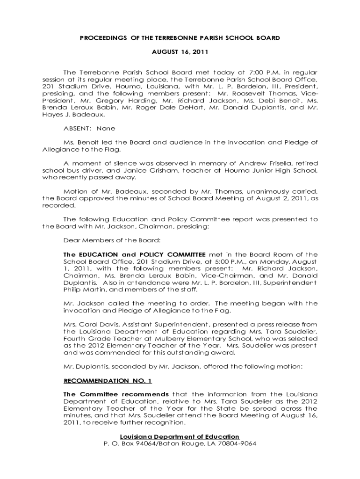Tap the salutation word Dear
72,240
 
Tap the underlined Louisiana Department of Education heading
180,436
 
